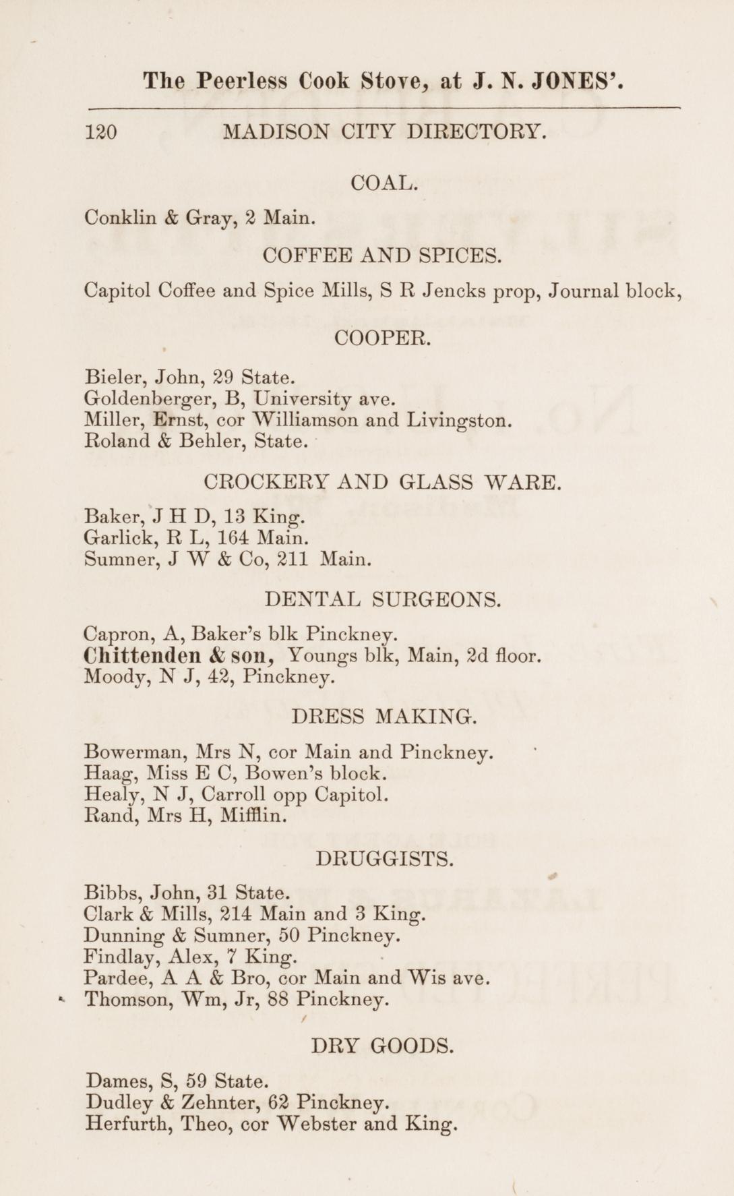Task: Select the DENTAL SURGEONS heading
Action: click(383, 599)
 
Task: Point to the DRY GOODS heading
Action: click(382, 1046)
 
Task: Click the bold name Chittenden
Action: click(142, 655)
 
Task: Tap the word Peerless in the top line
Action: click(243, 82)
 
